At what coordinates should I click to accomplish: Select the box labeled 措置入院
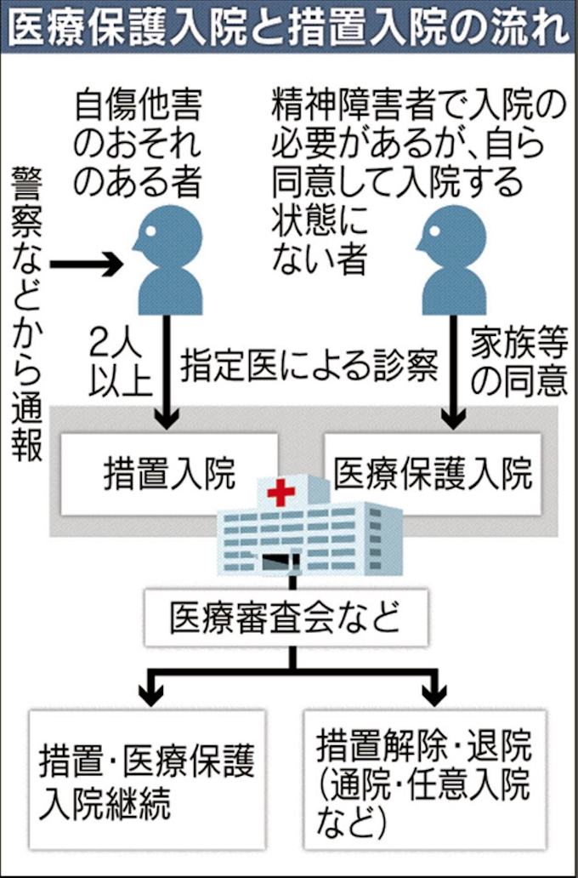169,474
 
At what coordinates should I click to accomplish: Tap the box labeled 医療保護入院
433,474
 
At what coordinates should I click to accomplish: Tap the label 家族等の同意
519,366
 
